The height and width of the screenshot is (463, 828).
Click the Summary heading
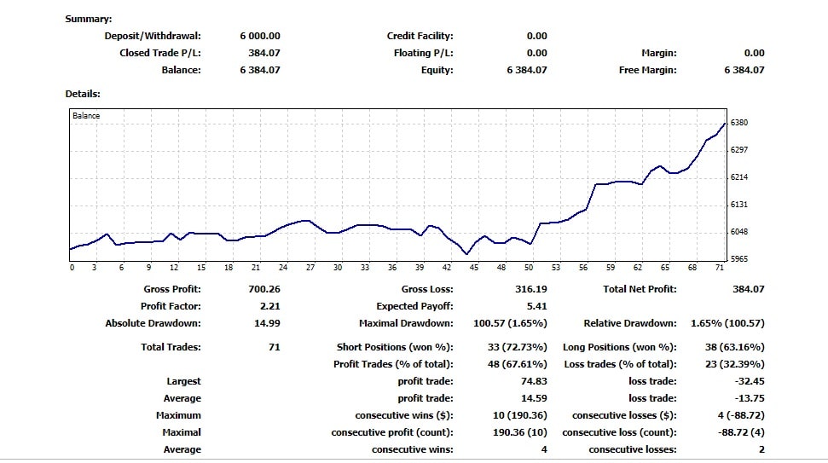click(x=89, y=19)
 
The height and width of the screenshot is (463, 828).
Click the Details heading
click(x=83, y=94)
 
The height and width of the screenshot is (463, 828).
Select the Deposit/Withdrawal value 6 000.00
click(x=260, y=36)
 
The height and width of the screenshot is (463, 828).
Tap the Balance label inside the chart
click(x=86, y=116)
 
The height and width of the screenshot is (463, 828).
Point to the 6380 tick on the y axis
click(x=739, y=123)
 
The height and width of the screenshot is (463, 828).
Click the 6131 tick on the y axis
click(x=739, y=205)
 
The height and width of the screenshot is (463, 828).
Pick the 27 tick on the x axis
click(x=310, y=268)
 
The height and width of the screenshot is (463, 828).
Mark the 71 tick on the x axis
click(x=720, y=268)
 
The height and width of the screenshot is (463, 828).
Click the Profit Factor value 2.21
click(x=269, y=306)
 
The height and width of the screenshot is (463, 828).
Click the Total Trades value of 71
click(x=274, y=347)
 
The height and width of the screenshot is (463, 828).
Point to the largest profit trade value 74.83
click(x=533, y=381)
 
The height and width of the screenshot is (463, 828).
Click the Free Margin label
click(x=647, y=70)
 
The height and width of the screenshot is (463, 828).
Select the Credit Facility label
click(x=420, y=36)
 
